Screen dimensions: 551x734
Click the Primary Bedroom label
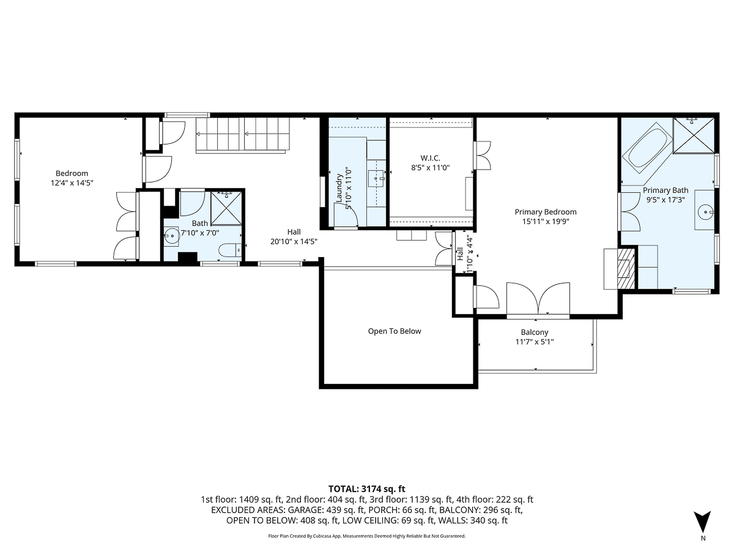545,212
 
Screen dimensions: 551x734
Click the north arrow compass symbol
703,522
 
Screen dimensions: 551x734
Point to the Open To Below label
395,331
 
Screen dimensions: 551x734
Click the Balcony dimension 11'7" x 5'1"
534,342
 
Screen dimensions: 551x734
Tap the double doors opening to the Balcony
538,300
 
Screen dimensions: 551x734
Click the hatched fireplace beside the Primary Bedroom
625,268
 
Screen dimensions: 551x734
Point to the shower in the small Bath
227,208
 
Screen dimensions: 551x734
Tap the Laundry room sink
376,179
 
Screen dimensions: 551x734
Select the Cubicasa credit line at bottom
367,536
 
